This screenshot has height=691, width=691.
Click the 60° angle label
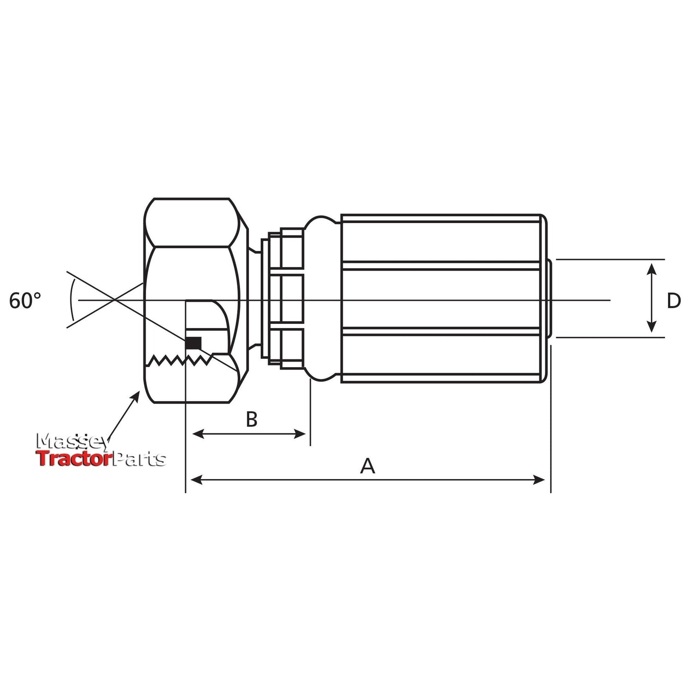[25, 301]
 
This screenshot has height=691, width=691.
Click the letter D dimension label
[673, 301]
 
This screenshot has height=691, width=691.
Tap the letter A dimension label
[367, 467]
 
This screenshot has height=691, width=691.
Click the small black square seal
[193, 343]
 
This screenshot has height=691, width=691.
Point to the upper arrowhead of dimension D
[651, 269]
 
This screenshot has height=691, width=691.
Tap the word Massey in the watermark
[73, 442]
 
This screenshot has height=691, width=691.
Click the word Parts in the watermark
[139, 459]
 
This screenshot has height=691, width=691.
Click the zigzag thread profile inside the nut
[180, 360]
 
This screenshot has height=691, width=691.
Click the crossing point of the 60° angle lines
[113, 300]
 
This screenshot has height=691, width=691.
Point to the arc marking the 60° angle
[71, 300]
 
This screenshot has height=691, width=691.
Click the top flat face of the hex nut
[191, 199]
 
